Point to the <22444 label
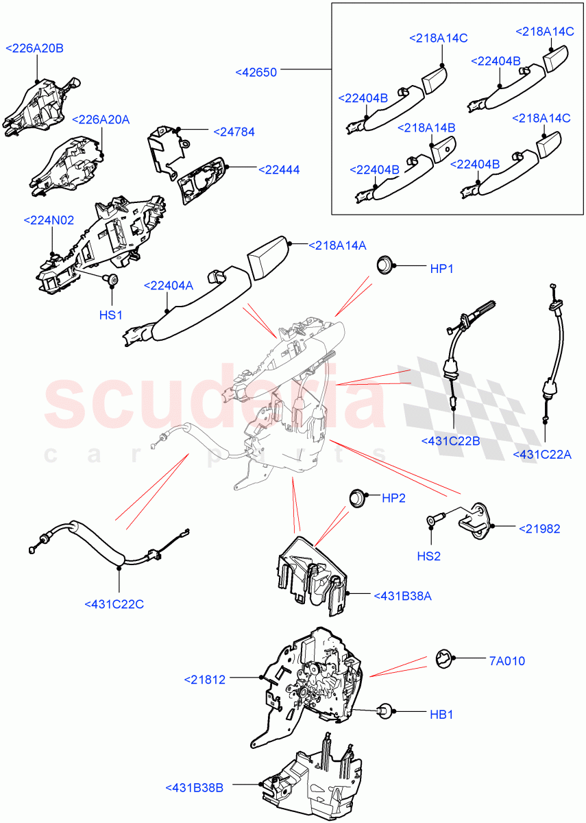pos(278,169)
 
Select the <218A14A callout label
pos(337,245)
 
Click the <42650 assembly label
pos(256,71)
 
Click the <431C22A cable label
pos(541,454)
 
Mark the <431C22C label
pos(114,604)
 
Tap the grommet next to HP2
pos(356,497)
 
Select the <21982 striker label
pos(539,528)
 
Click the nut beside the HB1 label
pos(385,713)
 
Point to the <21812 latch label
pos(204,680)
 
